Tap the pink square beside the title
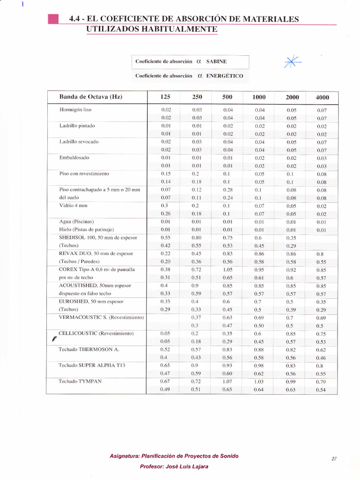(53, 19)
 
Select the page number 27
(334, 459)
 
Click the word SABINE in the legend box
(217, 61)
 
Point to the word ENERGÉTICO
(225, 75)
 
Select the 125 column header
(165, 97)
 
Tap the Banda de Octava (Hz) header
(90, 97)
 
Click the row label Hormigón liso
(75, 110)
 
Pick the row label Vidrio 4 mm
(74, 206)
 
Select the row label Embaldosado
(74, 157)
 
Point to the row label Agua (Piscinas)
(77, 222)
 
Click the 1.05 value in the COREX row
(227, 270)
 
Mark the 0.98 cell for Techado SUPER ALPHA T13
(259, 366)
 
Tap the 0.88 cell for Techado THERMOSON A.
(259, 350)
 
